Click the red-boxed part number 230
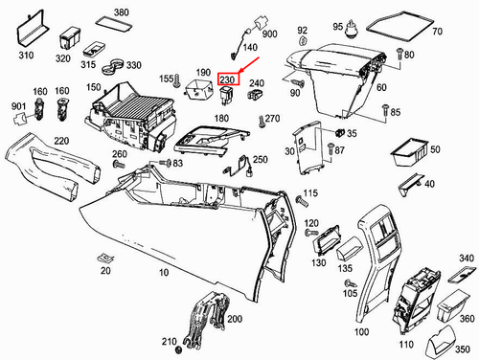(x=228, y=80)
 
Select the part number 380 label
(x=121, y=12)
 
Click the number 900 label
(x=269, y=34)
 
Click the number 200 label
(x=235, y=319)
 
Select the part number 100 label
(x=361, y=332)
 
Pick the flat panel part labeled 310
(x=28, y=30)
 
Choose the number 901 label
(x=18, y=104)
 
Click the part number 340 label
(x=468, y=259)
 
